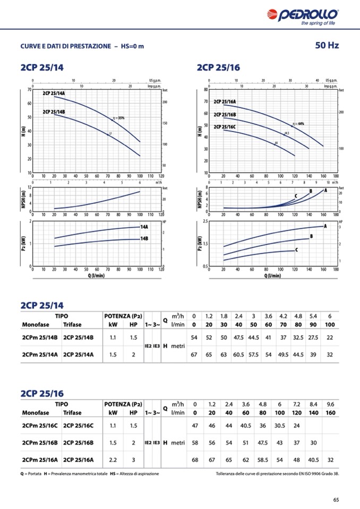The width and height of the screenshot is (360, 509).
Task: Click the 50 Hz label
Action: point(327,46)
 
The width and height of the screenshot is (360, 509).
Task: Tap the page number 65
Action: point(336,499)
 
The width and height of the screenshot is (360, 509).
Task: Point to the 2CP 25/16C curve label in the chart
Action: point(225,127)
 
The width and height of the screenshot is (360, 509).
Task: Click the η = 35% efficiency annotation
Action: point(118,118)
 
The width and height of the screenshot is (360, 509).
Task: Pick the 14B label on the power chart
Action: point(143,239)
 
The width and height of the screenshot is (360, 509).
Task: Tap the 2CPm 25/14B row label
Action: point(38,338)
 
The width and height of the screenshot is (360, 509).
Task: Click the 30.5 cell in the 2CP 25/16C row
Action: point(279,426)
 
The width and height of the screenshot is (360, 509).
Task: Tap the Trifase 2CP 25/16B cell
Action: point(78,442)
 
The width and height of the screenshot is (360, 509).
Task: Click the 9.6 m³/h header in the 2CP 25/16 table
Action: point(330,404)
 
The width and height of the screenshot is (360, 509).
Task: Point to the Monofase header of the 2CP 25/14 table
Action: point(34,324)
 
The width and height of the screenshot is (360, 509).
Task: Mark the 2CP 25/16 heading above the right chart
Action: point(218,67)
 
